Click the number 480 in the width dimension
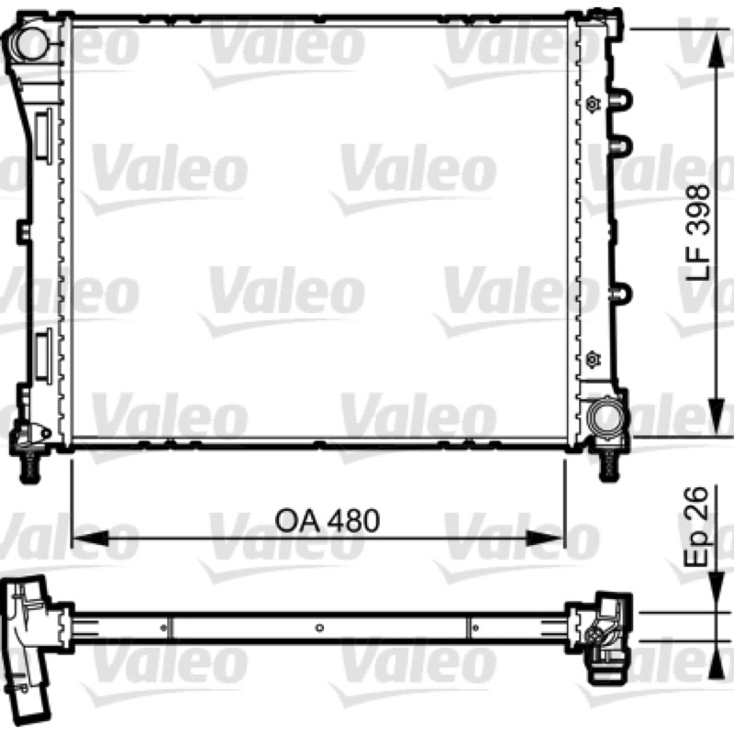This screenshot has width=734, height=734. (353, 520)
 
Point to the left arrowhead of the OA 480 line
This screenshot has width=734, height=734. (90, 539)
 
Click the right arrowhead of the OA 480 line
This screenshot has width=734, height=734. (544, 539)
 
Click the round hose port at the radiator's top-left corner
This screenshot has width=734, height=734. (33, 40)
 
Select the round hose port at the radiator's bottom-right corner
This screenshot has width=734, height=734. (605, 414)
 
